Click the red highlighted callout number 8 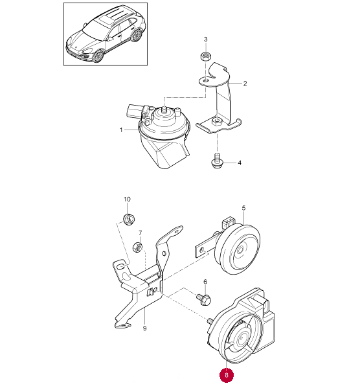[227, 375]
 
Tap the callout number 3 [206, 39]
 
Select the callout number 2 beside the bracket [245, 84]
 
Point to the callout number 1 [121, 130]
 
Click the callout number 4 [240, 163]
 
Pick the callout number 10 [127, 200]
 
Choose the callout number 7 [141, 233]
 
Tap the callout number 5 [243, 208]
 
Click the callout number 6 [205, 282]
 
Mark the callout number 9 [145, 328]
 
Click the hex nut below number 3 [205, 57]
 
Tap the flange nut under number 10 [129, 218]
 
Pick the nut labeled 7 [137, 247]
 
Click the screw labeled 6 [203, 299]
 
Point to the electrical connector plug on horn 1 [134, 111]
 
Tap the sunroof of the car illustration [106, 19]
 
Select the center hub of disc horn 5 [240, 250]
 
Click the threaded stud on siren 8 [210, 321]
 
